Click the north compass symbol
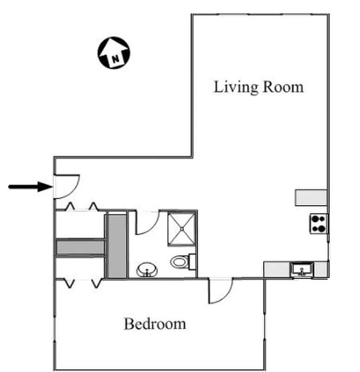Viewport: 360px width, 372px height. pyautogui.click(x=114, y=53)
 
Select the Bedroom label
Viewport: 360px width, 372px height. pyautogui.click(x=155, y=324)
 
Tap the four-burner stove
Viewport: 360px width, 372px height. pyautogui.click(x=319, y=224)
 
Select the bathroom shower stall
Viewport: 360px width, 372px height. pyautogui.click(x=182, y=229)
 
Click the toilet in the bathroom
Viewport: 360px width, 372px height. pyautogui.click(x=181, y=262)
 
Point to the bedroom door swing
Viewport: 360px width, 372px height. pyautogui.click(x=219, y=291)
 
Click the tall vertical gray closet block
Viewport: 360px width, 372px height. pyautogui.click(x=117, y=245)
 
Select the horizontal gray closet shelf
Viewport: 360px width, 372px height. pyautogui.click(x=80, y=247)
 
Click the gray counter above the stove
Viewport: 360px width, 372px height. pyautogui.click(x=311, y=198)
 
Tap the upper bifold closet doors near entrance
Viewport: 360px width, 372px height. pyautogui.click(x=82, y=207)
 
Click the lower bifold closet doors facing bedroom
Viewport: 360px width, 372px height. pyautogui.click(x=82, y=282)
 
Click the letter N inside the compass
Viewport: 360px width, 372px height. pyautogui.click(x=114, y=59)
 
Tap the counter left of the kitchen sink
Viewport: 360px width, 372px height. pyautogui.click(x=277, y=269)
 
